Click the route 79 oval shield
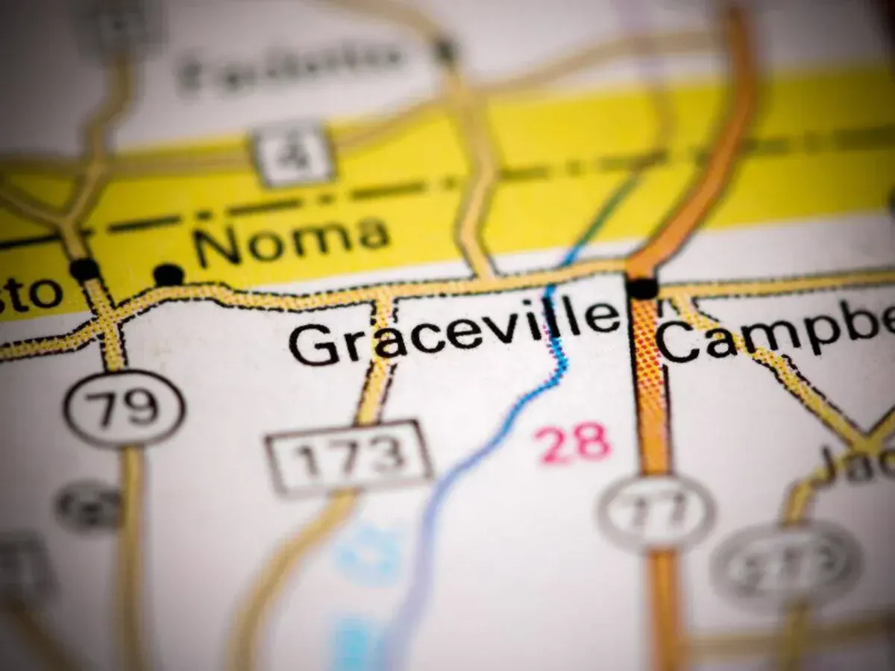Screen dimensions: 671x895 click(x=123, y=407)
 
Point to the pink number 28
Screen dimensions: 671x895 click(x=574, y=444)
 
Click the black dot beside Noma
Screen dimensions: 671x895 click(x=169, y=274)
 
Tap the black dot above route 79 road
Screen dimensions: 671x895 click(x=84, y=269)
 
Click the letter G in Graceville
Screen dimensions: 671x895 click(x=313, y=344)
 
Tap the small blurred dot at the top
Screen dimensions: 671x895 click(x=445, y=50)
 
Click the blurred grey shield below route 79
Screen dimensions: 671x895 click(x=89, y=507)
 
